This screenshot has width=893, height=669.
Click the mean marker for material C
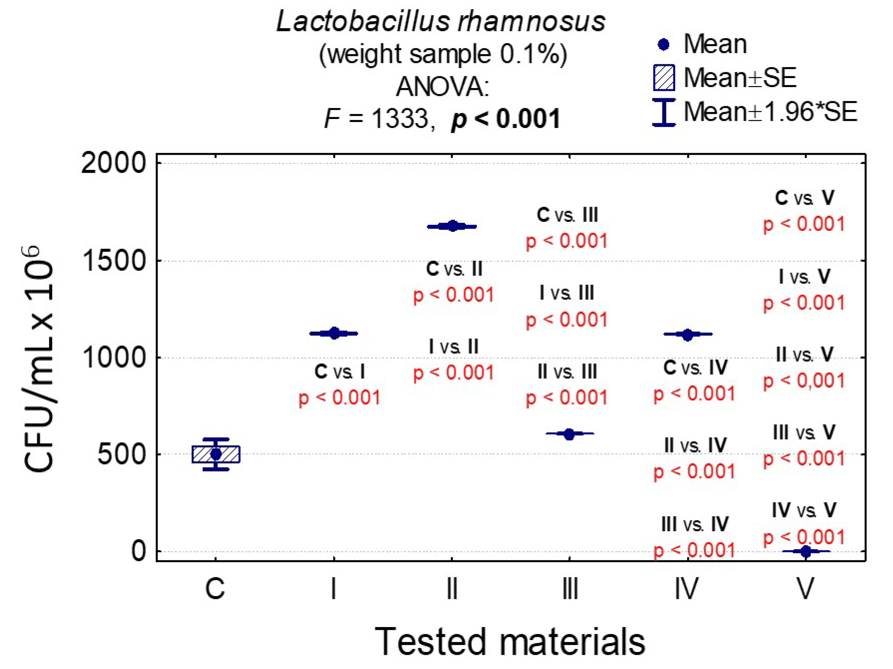coord(216,454)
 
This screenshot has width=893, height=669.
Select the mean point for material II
coord(452,226)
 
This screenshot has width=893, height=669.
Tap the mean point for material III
coord(569,434)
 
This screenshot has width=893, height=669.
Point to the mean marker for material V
coord(805,551)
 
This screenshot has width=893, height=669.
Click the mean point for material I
coord(334,333)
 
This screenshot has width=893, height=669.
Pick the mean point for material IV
coord(687,334)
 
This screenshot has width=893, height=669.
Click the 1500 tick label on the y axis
coord(113,261)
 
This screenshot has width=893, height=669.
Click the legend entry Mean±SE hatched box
coord(664,78)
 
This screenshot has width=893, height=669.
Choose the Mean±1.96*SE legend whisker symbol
coord(664,112)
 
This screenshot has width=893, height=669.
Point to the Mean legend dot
coord(664,44)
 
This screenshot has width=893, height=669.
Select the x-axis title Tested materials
coord(510,642)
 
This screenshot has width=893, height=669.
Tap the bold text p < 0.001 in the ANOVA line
coord(506,119)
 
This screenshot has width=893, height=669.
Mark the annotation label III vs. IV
coord(694,524)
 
